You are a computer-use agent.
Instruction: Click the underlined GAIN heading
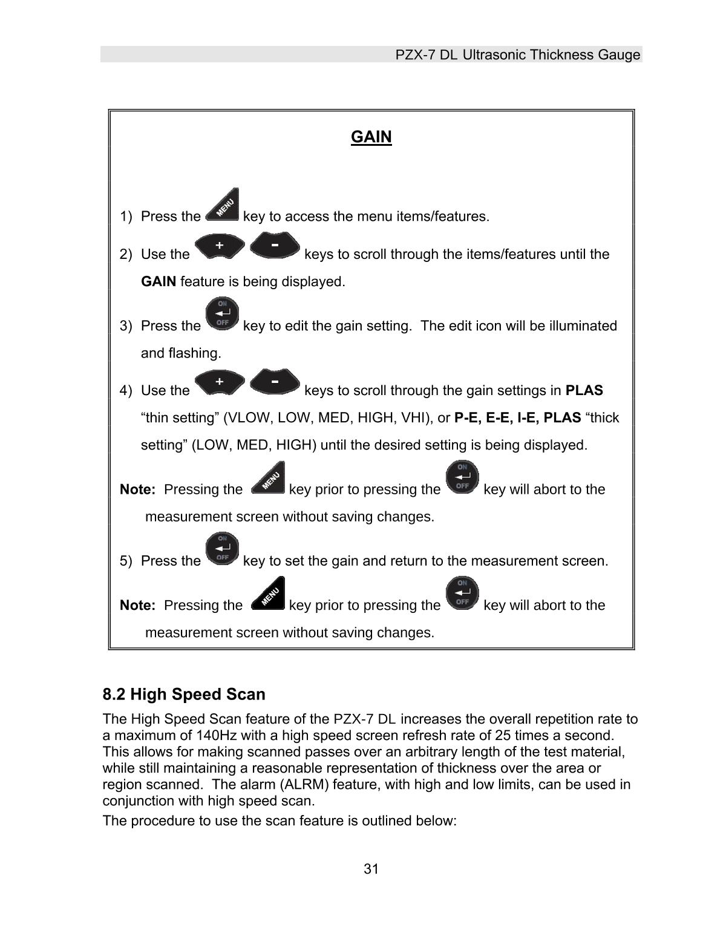(x=371, y=137)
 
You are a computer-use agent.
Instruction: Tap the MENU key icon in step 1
(x=223, y=205)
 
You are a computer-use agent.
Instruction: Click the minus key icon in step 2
(x=275, y=245)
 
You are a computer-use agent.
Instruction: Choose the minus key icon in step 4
(x=275, y=382)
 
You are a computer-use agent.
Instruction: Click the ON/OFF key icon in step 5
(x=222, y=549)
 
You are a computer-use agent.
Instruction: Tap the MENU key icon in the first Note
(x=267, y=478)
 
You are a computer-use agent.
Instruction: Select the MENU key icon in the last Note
(x=267, y=594)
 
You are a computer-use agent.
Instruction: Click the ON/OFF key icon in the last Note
(x=462, y=593)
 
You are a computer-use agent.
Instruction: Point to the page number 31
(x=371, y=869)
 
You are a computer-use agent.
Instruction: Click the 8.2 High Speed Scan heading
(x=184, y=694)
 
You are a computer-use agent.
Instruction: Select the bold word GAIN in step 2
(x=159, y=282)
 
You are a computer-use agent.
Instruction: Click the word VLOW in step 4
(x=247, y=418)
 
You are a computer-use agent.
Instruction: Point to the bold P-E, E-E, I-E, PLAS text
(x=517, y=418)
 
